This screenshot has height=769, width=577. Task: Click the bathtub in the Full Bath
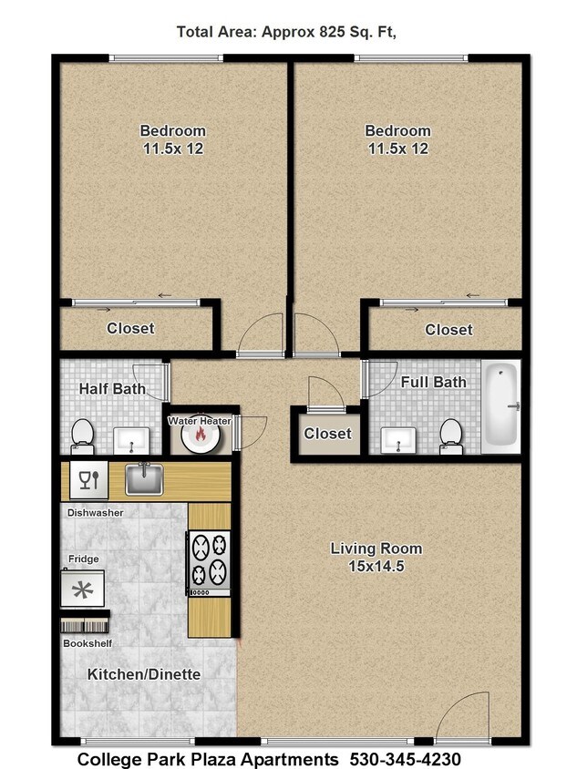500,406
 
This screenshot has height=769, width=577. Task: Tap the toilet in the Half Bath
82,437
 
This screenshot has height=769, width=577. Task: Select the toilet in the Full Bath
450,436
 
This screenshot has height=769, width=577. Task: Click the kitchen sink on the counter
144,479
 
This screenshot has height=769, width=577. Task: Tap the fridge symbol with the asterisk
82,588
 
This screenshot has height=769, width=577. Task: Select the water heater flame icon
200,434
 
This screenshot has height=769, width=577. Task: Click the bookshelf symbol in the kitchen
84,626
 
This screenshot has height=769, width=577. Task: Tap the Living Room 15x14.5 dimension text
376,566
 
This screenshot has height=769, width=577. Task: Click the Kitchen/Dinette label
144,674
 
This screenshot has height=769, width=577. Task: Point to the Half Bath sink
131,440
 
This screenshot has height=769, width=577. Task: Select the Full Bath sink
398,440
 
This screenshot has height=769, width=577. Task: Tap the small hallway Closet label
328,434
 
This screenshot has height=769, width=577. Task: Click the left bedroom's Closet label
130,328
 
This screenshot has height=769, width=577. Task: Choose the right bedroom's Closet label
448,330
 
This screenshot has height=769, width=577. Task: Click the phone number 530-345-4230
406,759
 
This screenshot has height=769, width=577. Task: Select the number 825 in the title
332,32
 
